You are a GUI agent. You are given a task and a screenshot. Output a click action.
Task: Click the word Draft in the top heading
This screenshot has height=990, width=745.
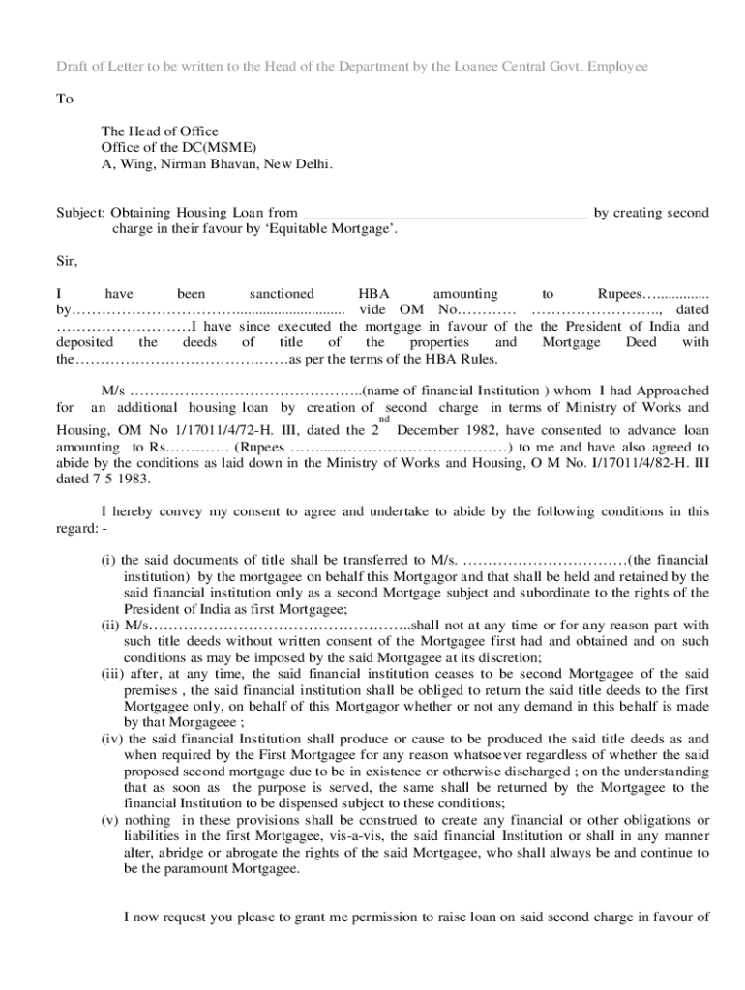(46, 66)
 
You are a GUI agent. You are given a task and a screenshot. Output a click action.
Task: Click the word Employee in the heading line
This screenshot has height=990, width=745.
(616, 66)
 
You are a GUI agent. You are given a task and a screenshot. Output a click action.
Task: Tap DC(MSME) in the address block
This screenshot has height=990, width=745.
(223, 147)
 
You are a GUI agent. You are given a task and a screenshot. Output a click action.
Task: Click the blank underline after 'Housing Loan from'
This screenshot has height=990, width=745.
(445, 213)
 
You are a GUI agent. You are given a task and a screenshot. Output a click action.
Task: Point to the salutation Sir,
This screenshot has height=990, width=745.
(64, 261)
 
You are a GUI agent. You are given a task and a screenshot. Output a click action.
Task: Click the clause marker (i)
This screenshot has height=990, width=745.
(108, 560)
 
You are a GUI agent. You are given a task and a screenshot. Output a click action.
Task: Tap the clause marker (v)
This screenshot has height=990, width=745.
(110, 820)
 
